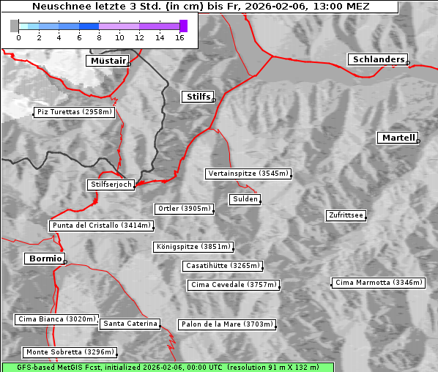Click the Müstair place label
coord(107,61)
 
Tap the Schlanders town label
coord(377,59)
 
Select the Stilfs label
coord(197,97)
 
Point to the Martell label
coord(397,138)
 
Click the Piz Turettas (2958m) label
coord(74,112)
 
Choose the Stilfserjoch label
coord(111,185)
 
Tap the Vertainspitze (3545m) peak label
coord(248,174)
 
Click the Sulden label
coord(244,199)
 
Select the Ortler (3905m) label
coord(184,209)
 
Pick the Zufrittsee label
coord(346,215)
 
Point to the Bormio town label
coord(44,258)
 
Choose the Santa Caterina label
coord(130,323)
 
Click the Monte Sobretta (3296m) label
coord(70,352)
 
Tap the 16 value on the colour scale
coord(179,38)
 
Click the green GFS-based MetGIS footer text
coord(167,367)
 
